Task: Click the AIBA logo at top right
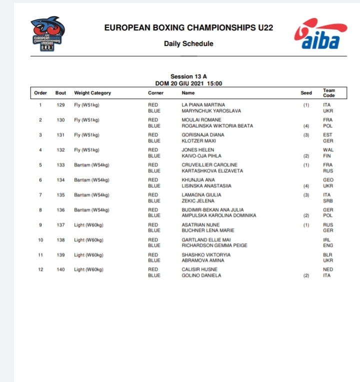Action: (x=317, y=35)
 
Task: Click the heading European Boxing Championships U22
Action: (x=188, y=28)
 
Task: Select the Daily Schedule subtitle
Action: (x=188, y=43)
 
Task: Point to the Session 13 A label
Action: (x=188, y=77)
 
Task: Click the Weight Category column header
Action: (x=92, y=93)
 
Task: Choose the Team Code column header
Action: (x=329, y=93)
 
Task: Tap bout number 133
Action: (x=60, y=165)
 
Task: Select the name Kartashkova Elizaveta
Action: (x=212, y=171)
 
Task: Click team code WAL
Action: (x=328, y=150)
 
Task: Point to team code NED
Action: (x=328, y=270)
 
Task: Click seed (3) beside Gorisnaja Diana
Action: (x=306, y=135)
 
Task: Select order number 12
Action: (x=40, y=270)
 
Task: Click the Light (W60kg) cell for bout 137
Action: (x=88, y=225)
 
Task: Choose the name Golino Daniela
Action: (x=201, y=276)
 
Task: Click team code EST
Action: (x=327, y=135)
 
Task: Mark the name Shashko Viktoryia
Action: (x=206, y=255)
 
